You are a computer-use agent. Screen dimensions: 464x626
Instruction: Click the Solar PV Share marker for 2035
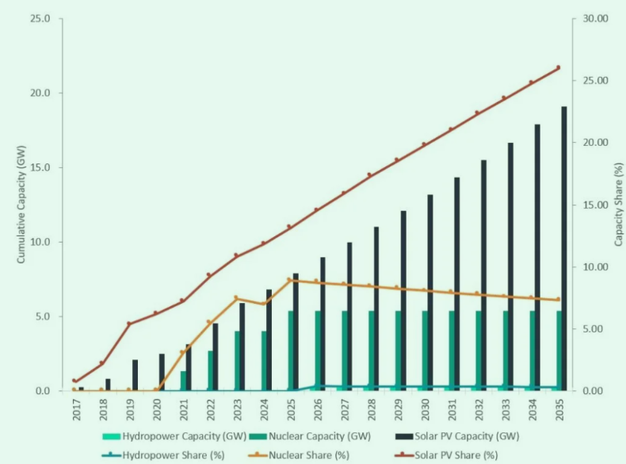pos(558,67)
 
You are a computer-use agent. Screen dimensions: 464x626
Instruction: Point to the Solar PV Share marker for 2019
pos(129,324)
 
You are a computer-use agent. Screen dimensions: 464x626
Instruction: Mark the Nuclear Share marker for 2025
pos(289,279)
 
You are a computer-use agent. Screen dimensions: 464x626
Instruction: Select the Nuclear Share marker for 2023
pos(236,297)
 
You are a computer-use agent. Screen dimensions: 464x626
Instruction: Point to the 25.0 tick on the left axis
pos(40,18)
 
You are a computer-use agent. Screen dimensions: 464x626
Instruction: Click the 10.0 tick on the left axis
pos(40,242)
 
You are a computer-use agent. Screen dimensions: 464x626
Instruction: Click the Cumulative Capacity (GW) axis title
pos(21,205)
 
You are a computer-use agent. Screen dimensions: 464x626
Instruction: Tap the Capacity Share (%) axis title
pos(618,205)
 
